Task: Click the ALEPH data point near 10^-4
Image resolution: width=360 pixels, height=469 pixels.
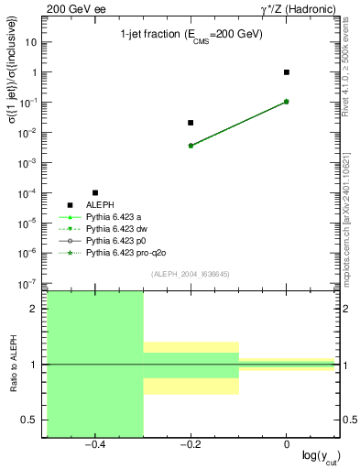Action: pyautogui.click(x=95, y=192)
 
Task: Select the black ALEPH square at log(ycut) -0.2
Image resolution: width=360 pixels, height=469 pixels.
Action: pyautogui.click(x=191, y=122)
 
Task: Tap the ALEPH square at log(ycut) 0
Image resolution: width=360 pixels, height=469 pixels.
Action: pyautogui.click(x=287, y=71)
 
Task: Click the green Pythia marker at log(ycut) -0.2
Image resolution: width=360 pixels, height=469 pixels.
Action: pyautogui.click(x=191, y=145)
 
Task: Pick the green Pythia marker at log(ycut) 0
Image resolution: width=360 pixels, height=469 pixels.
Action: pyautogui.click(x=287, y=101)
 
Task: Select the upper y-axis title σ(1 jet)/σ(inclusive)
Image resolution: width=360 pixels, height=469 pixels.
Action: pyautogui.click(x=13, y=92)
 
